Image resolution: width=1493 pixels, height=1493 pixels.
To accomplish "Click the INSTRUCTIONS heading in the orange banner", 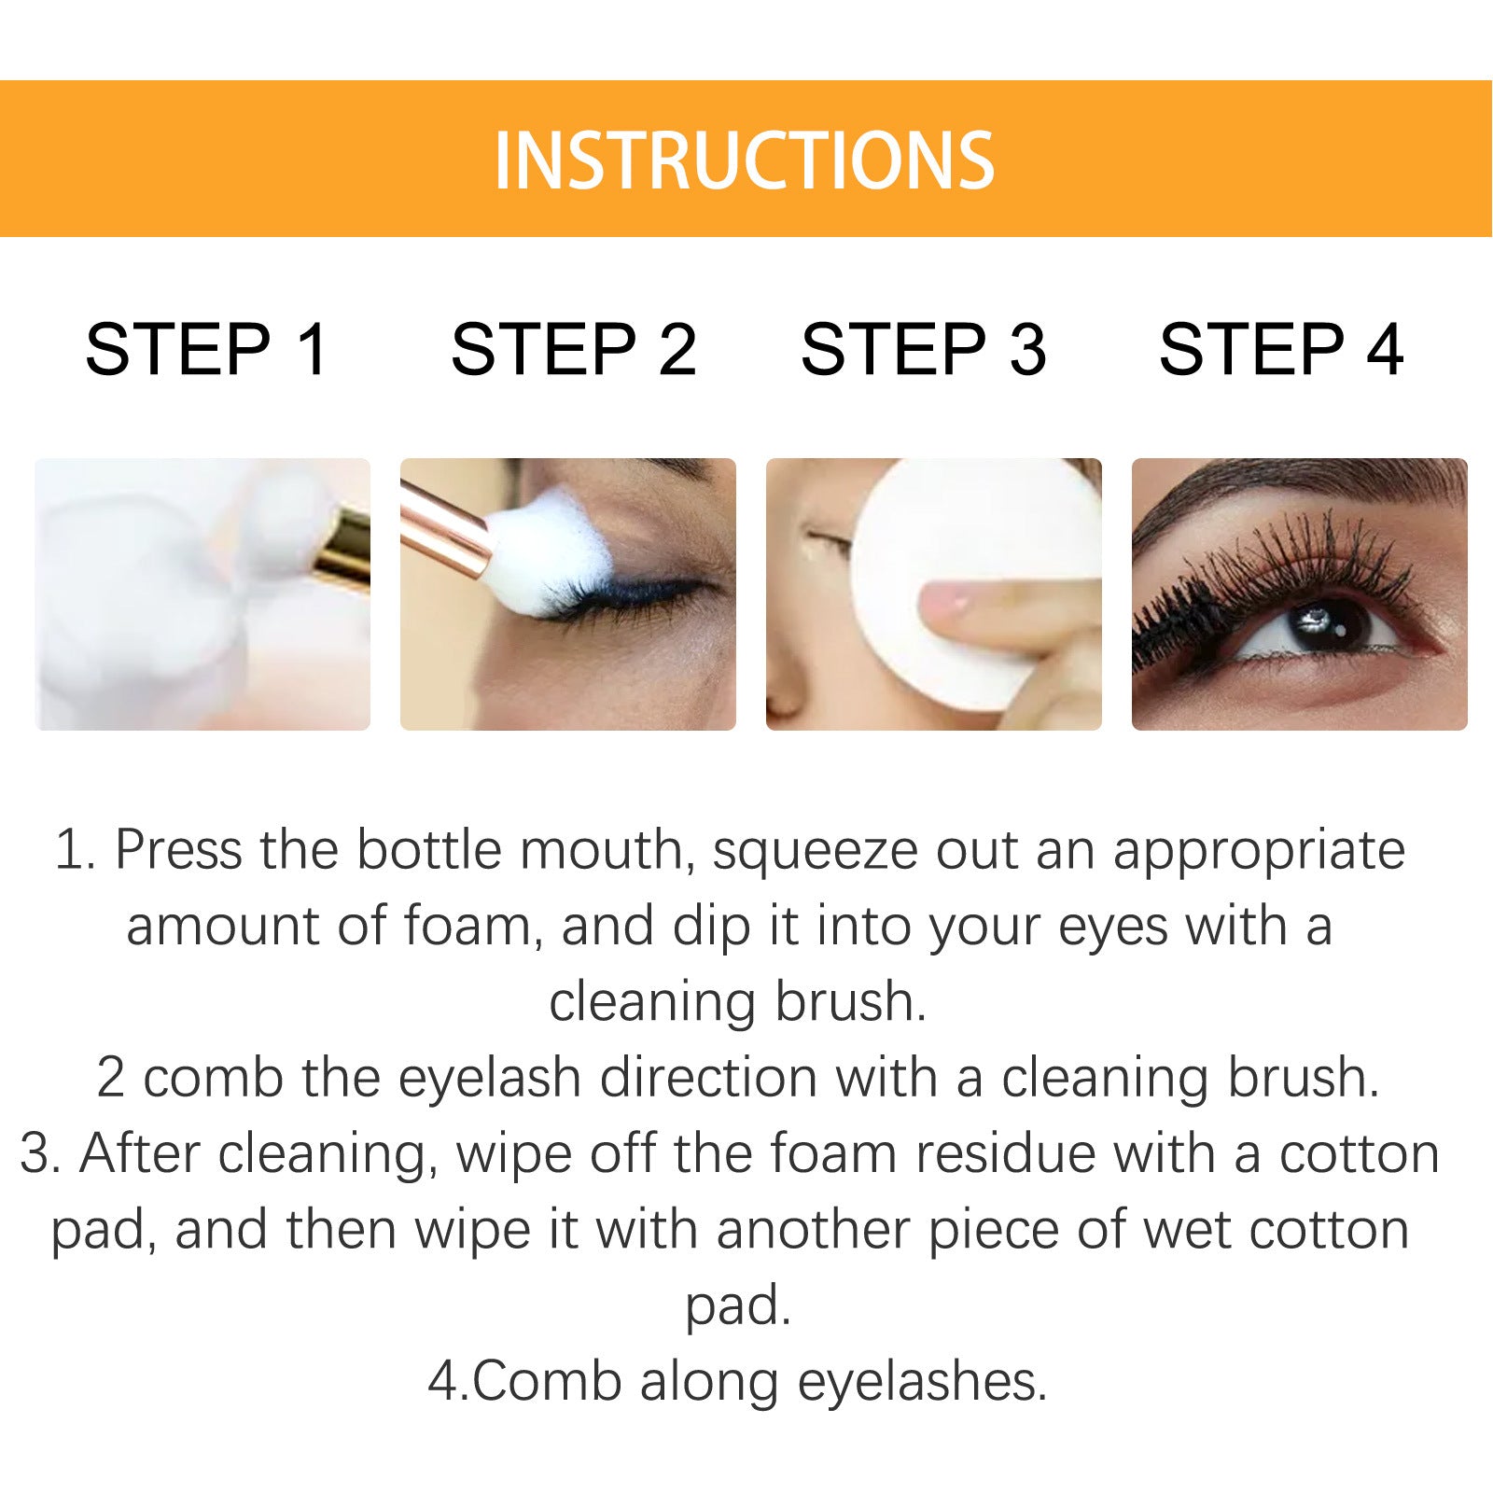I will (x=744, y=160).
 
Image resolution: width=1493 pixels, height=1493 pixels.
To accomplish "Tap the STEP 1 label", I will (x=206, y=350).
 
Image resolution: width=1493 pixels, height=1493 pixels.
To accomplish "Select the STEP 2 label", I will (x=573, y=350).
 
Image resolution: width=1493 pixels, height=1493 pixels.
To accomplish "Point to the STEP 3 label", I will (x=923, y=350).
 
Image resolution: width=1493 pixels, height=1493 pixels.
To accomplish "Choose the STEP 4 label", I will (x=1280, y=350).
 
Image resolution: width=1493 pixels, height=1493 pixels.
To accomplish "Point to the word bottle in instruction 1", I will (x=428, y=851).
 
